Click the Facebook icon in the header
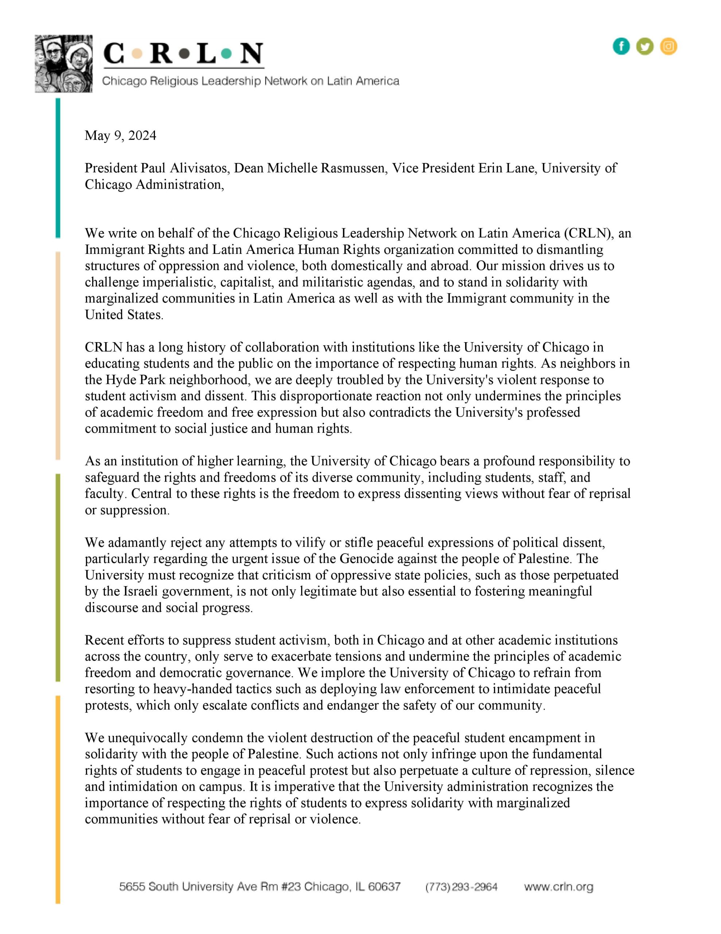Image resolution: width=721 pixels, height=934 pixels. (x=621, y=46)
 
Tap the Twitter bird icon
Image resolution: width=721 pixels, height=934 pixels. (x=644, y=46)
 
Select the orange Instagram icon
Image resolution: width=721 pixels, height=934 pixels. (x=669, y=46)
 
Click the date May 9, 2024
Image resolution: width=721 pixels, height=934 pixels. (x=121, y=136)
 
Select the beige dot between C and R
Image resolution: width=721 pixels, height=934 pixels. (x=137, y=54)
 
